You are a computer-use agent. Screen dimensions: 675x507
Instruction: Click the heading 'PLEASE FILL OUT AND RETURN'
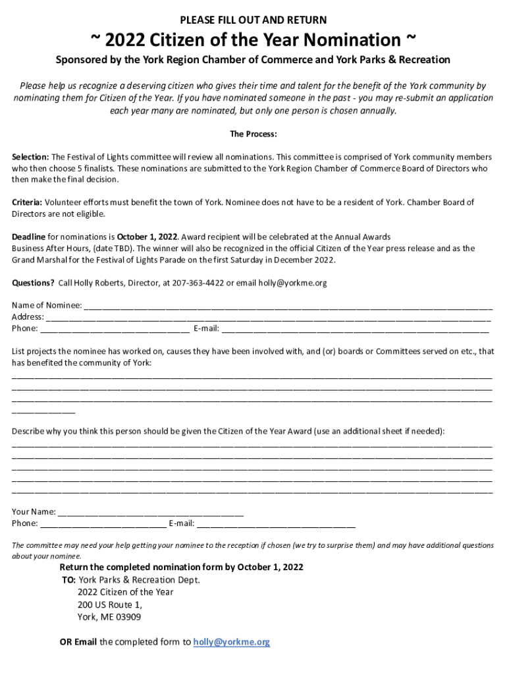254,20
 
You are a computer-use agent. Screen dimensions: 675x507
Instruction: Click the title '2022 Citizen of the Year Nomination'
254,40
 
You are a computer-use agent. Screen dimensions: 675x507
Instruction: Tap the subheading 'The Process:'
254,134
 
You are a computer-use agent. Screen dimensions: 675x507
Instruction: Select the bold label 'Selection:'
30,157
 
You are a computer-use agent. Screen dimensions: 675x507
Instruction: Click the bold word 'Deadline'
29,237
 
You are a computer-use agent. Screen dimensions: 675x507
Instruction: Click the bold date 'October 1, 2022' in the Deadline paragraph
147,237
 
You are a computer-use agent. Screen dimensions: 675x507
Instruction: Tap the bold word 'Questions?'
34,283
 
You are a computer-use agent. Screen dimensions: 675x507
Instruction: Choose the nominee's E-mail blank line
355,328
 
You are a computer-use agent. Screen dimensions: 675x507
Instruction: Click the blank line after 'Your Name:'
151,512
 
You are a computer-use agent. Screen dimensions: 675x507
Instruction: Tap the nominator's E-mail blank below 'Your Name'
276,523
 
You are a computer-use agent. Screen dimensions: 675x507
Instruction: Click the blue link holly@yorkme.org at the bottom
232,642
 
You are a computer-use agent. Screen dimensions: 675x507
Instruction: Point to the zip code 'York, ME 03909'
109,617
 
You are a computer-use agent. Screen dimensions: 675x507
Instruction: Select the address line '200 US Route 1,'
109,604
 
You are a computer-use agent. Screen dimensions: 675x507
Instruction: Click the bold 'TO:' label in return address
69,580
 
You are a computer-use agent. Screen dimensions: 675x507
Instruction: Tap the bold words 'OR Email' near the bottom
78,642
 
